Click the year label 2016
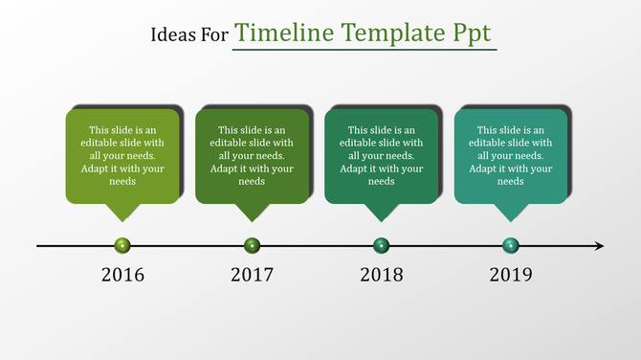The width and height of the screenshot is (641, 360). tap(122, 276)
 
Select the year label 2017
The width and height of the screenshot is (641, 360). tap(252, 276)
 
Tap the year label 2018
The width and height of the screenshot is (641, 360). tap(382, 276)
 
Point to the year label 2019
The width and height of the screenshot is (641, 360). tap(511, 276)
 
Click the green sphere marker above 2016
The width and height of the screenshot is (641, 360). tap(122, 246)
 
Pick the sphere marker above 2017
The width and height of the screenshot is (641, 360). tap(252, 246)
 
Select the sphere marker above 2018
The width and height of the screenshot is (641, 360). tap(382, 246)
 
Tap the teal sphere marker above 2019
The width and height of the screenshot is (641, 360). tap(511, 246)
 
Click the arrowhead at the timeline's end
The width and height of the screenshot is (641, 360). tap(599, 246)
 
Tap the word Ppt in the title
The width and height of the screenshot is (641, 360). tap(472, 34)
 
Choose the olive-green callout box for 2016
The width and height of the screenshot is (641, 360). tap(122, 155)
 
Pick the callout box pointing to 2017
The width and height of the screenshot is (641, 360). tap(252, 155)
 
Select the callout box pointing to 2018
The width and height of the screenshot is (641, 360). tap(382, 155)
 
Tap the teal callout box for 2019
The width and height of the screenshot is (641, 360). tap(511, 155)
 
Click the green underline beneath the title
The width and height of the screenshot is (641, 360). tap(365, 50)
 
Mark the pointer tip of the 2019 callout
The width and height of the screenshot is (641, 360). tap(511, 221)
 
